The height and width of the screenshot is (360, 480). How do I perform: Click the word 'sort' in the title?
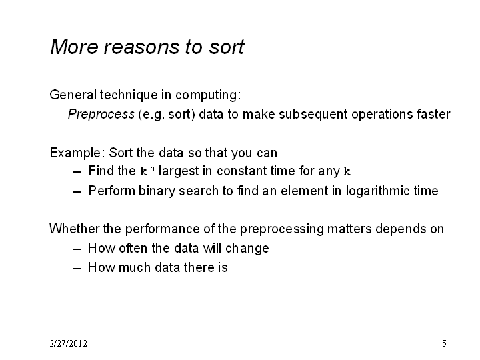(227, 47)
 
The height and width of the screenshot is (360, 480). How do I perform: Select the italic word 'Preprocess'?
(101, 115)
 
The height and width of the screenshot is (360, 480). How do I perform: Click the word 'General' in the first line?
(73, 95)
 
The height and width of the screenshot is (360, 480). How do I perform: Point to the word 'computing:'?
(208, 95)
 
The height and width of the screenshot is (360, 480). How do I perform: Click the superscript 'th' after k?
(151, 169)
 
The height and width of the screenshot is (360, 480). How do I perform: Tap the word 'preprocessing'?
(281, 229)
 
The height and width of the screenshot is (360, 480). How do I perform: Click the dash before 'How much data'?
(77, 269)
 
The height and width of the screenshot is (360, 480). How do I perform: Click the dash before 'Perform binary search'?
(77, 192)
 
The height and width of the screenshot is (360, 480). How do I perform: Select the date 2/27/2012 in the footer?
(68, 343)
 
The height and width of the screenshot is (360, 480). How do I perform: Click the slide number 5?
(444, 343)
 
